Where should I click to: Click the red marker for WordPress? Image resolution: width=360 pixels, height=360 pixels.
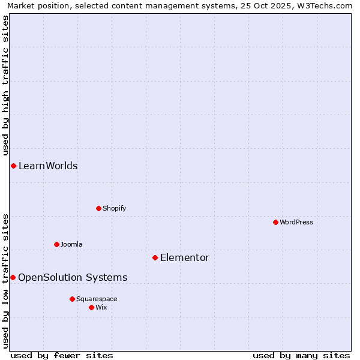275,222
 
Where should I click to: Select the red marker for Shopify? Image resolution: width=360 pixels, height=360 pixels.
98,208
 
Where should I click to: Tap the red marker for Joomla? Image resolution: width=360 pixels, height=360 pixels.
56,244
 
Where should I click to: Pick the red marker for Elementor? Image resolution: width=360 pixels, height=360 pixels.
155,257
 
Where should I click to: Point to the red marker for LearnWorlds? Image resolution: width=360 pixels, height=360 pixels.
13,166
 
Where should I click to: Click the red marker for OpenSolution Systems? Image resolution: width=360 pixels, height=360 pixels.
13,277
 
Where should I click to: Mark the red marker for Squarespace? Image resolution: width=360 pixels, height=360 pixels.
72,299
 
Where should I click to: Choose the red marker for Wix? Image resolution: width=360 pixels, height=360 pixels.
91,307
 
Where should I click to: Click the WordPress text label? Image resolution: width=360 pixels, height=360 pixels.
296,222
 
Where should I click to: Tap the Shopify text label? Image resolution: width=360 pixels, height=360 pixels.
115,208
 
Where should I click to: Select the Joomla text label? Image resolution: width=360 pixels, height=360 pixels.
71,244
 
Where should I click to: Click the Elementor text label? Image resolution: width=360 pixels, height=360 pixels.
185,257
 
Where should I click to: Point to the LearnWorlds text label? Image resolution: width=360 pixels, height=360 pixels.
48,166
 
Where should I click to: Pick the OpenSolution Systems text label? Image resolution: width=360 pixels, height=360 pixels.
73,277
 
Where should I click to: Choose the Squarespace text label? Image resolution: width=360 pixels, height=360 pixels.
97,299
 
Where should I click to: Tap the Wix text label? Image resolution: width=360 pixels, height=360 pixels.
101,307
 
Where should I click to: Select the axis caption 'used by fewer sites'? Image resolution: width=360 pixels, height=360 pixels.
62,355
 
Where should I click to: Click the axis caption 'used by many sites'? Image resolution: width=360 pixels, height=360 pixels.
301,355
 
